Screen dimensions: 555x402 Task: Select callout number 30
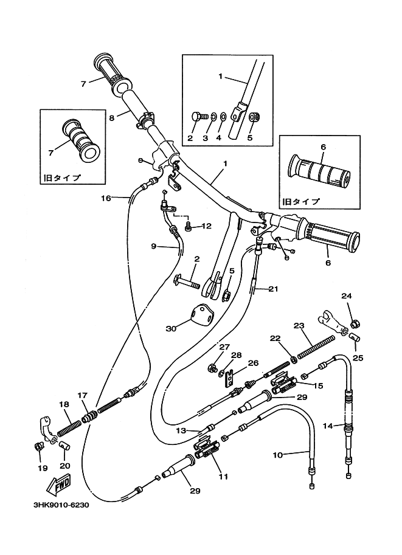coord(171,329)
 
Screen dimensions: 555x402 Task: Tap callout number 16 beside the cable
coord(106,198)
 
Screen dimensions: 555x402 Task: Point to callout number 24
coord(346,296)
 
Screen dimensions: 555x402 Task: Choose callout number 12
coord(206,226)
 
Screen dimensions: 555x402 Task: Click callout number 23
coord(298,325)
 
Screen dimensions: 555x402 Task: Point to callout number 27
coord(207,346)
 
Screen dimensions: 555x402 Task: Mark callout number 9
coord(154,246)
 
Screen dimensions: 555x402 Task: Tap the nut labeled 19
coord(38,447)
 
